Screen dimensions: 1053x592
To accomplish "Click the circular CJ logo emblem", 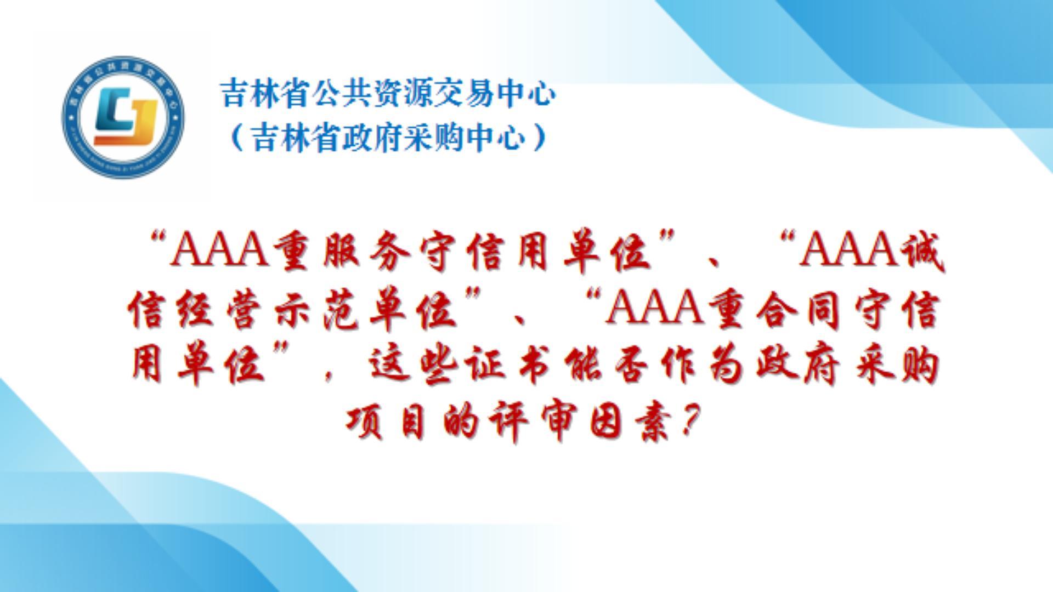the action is point(123,117).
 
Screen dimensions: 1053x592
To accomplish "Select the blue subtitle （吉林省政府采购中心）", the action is point(388,137).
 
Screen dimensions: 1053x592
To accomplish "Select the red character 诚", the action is point(922,253).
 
